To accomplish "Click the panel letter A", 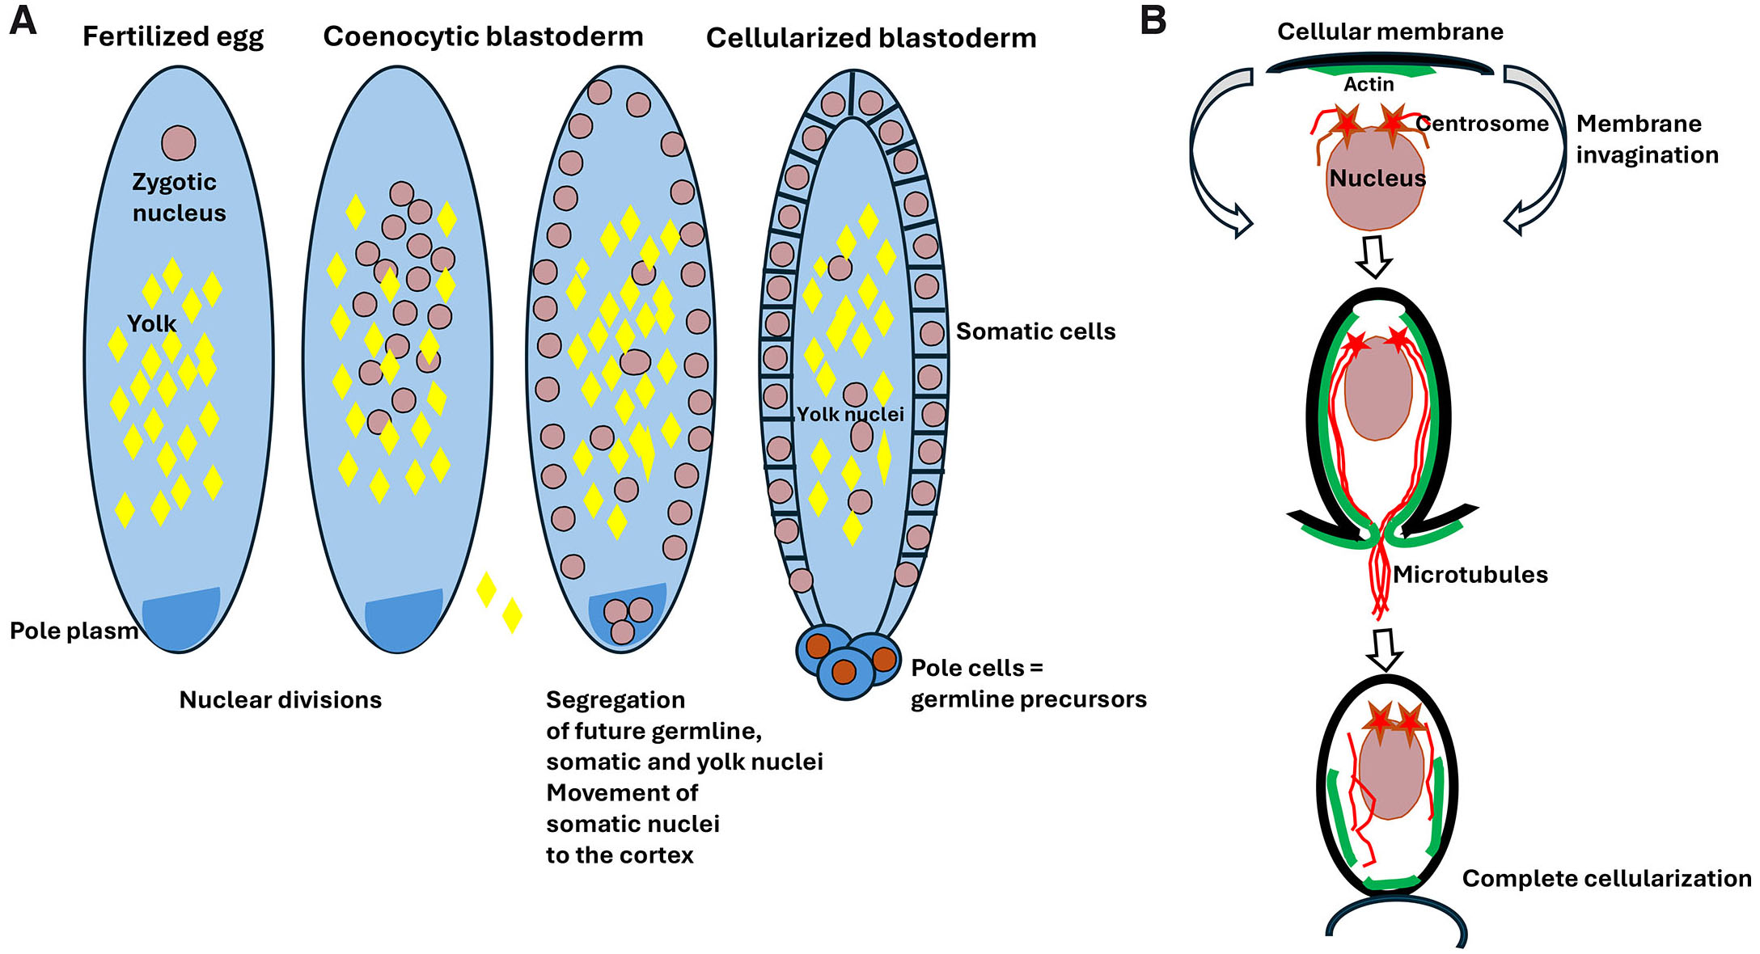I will (x=23, y=20).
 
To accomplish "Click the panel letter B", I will (x=1153, y=20).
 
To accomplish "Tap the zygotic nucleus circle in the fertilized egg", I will (x=178, y=143).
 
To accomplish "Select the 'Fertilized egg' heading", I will (x=173, y=37).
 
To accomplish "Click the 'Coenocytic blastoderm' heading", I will (x=483, y=37).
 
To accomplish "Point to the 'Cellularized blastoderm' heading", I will (x=871, y=39).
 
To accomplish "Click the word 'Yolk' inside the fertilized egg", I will (x=151, y=324).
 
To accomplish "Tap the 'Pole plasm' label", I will (x=74, y=631).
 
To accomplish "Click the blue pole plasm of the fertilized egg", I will (x=180, y=619).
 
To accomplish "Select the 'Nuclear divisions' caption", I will (x=280, y=700).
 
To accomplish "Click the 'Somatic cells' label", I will (x=1035, y=331).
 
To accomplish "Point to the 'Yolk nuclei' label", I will (x=850, y=415).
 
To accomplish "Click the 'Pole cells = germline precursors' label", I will (x=1028, y=684).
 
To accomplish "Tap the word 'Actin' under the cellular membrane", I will (x=1369, y=85).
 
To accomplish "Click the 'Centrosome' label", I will (x=1482, y=124).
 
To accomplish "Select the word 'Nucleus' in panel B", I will (x=1377, y=179).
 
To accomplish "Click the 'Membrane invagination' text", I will (x=1647, y=139).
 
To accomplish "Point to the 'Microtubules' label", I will (x=1470, y=575).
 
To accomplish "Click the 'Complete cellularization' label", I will (x=1606, y=879).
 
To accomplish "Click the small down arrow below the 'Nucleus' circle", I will (x=1373, y=256).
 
